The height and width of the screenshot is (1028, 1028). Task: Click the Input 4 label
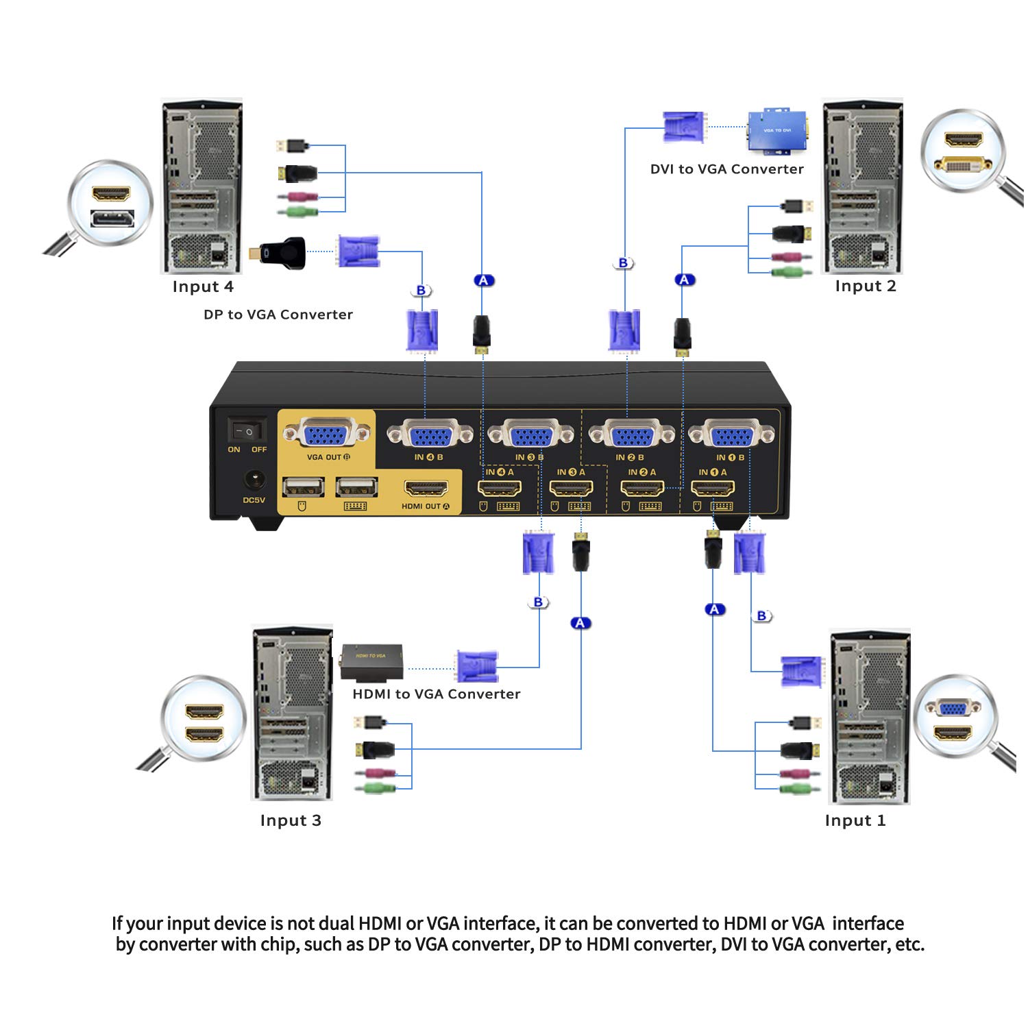[203, 286]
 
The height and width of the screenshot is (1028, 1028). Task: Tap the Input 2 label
[865, 286]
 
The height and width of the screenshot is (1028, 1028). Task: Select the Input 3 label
[291, 820]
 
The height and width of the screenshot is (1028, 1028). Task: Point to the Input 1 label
[855, 820]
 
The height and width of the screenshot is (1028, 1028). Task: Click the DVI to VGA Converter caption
[726, 169]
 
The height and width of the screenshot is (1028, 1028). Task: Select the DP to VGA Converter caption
[278, 315]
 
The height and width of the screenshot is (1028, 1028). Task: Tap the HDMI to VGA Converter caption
[436, 694]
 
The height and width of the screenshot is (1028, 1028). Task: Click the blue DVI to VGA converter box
[776, 130]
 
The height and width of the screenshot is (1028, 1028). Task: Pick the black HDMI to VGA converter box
[371, 662]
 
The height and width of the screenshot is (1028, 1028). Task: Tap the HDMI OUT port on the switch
[426, 489]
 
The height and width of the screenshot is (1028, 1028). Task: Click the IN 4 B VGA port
[429, 435]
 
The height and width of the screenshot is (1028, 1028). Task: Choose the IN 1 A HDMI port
[713, 489]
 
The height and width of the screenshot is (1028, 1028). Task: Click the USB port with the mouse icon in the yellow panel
[303, 487]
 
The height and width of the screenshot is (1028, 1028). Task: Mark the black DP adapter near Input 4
[281, 254]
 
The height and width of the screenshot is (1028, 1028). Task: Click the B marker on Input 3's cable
[538, 602]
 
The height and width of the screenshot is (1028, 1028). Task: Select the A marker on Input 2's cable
[684, 280]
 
